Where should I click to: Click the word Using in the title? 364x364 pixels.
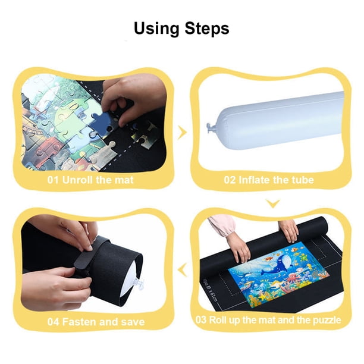(156, 29)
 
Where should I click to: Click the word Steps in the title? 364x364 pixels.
(207, 29)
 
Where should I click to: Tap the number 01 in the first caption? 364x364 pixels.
(53, 180)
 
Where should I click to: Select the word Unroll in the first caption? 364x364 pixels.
(78, 180)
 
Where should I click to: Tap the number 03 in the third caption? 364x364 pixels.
(201, 319)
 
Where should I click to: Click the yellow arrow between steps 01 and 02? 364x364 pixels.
(182, 133)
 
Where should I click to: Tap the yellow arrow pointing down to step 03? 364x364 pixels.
(273, 203)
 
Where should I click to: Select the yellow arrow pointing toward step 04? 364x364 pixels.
(182, 270)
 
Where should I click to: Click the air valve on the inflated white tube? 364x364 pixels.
(211, 128)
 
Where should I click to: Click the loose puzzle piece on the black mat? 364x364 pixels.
(144, 137)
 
